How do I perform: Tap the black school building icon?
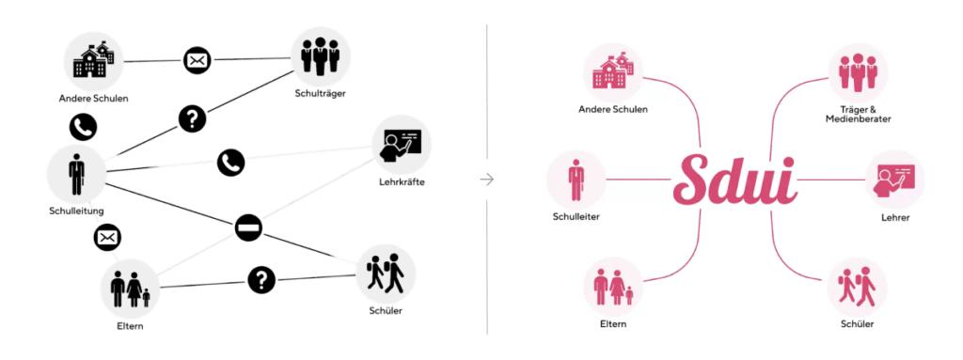(93, 61)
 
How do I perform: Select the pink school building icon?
(612, 71)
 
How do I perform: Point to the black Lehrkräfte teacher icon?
(402, 144)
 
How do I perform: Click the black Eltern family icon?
(130, 288)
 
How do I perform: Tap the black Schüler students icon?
(384, 273)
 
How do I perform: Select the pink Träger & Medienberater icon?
(857, 72)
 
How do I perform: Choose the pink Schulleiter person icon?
(576, 180)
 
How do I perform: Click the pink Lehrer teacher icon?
(894, 179)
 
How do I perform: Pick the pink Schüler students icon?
(857, 287)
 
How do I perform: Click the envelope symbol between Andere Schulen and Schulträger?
(197, 61)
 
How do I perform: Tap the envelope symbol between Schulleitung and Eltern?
(108, 238)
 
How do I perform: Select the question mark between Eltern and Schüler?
(261, 279)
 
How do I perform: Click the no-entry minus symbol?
(248, 228)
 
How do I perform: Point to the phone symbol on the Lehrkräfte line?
(230, 163)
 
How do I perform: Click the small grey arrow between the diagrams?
(486, 179)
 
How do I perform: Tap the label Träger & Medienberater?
(857, 115)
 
